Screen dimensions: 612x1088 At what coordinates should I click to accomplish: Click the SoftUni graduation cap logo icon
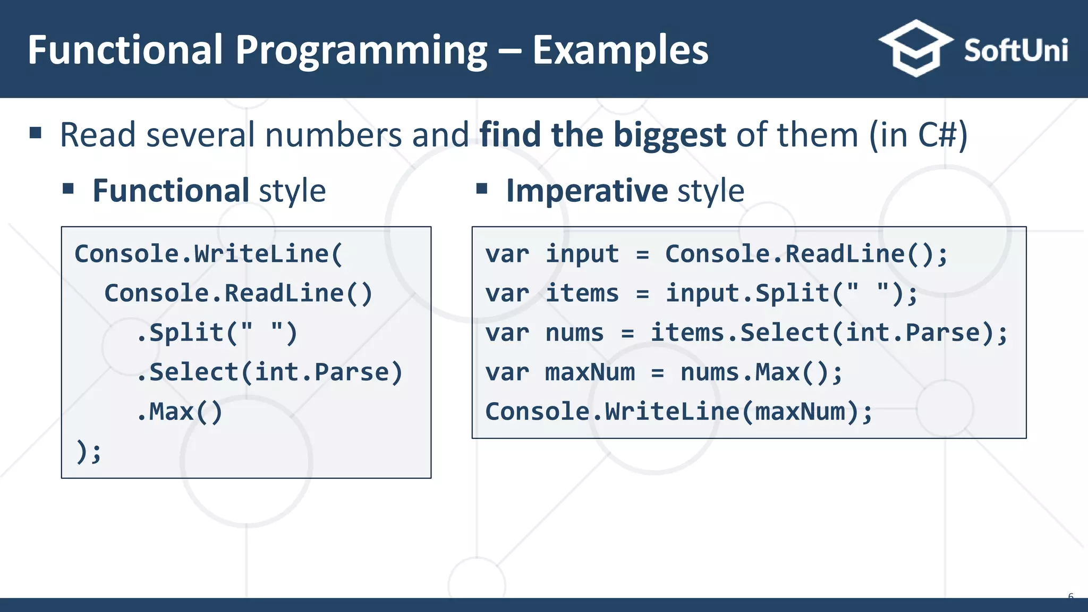tap(915, 49)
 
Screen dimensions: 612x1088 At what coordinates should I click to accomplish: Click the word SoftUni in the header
tap(1015, 50)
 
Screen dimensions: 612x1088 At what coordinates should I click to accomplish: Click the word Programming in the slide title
tap(361, 51)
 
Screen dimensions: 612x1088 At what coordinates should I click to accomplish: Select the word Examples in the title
tap(620, 50)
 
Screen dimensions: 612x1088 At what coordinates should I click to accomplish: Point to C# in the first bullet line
tap(937, 135)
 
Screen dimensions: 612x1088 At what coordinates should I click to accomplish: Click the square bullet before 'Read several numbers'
tap(36, 132)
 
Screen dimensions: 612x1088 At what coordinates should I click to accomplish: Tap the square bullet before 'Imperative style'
tap(482, 189)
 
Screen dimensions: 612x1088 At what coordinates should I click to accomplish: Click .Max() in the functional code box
tap(180, 412)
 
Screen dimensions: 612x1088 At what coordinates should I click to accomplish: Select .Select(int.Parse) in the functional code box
tap(269, 372)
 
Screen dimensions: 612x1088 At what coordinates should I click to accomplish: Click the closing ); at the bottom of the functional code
tap(88, 452)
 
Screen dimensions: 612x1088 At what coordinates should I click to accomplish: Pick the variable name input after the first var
tap(582, 254)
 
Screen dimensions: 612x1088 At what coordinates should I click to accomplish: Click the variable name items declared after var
tap(582, 293)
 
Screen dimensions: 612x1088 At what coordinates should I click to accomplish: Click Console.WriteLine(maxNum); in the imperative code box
tap(678, 412)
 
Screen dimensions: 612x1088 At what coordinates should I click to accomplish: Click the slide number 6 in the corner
tap(1070, 597)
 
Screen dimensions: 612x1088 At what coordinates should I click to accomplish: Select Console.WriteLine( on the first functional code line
tap(208, 254)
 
